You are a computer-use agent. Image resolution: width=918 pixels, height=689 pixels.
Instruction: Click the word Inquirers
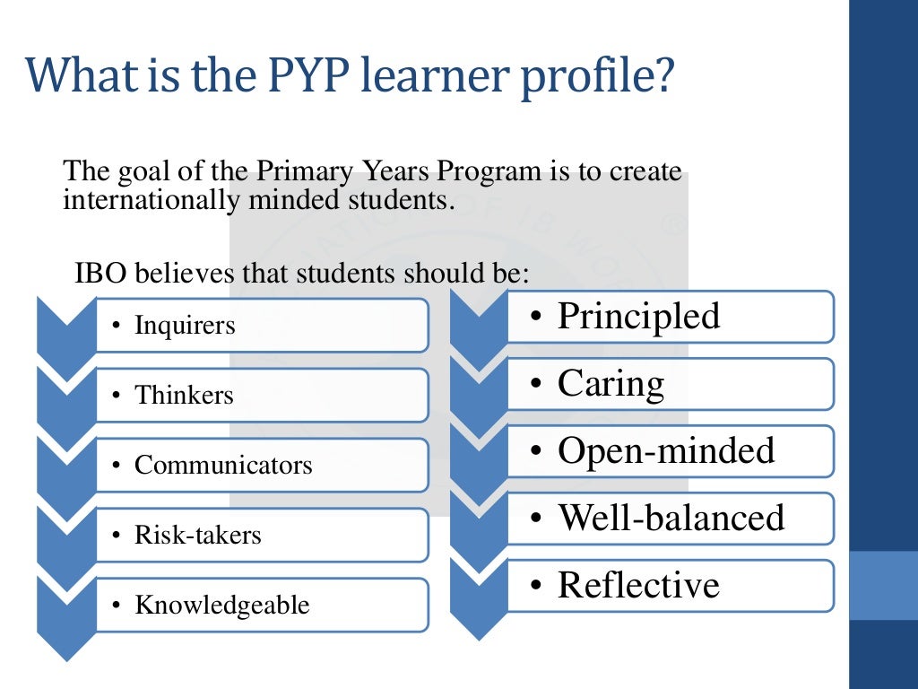[185, 326]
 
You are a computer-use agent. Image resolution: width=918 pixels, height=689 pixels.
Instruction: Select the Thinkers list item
[184, 396]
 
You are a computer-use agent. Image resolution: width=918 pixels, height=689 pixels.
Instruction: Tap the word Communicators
[223, 466]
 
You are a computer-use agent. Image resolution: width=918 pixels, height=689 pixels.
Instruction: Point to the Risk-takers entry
[197, 536]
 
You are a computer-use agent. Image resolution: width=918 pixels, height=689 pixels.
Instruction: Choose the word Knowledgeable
[221, 606]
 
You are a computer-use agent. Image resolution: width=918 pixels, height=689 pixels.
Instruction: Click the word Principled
[638, 317]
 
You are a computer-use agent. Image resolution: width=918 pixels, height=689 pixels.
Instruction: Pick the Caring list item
[611, 384]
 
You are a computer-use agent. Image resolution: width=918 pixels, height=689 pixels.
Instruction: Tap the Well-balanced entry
[671, 519]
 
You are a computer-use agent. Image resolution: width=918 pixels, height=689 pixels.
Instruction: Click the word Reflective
[638, 586]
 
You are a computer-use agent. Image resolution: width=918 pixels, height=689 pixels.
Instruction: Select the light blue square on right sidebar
[883, 585]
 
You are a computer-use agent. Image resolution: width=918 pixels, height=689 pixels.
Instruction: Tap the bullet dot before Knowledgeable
[116, 606]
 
